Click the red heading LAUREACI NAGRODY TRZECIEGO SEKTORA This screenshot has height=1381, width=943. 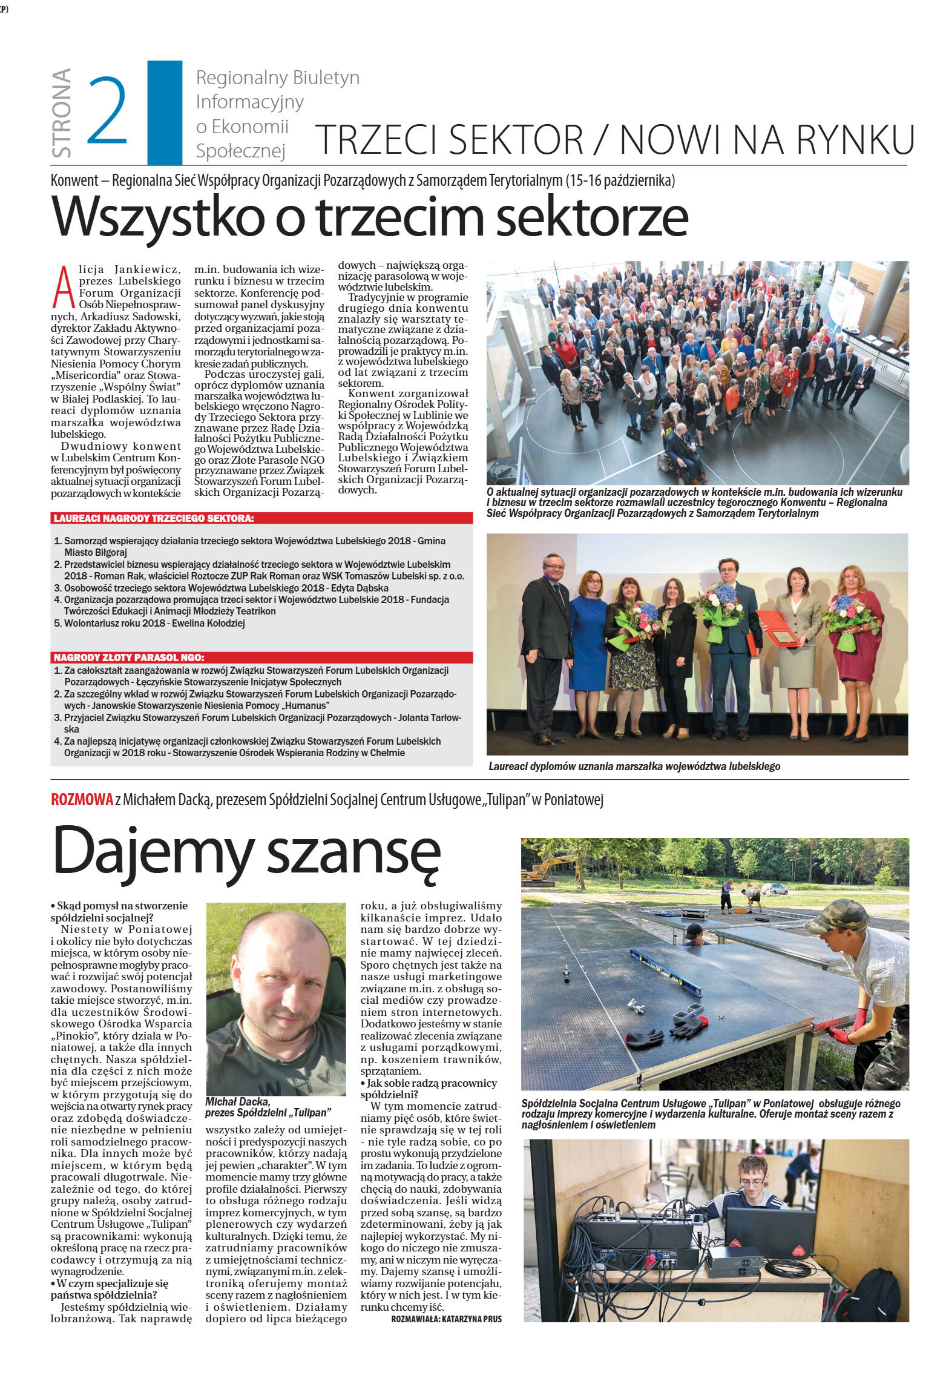154,519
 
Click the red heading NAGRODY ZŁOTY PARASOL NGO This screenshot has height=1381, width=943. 129,658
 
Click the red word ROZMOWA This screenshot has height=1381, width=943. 82,800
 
